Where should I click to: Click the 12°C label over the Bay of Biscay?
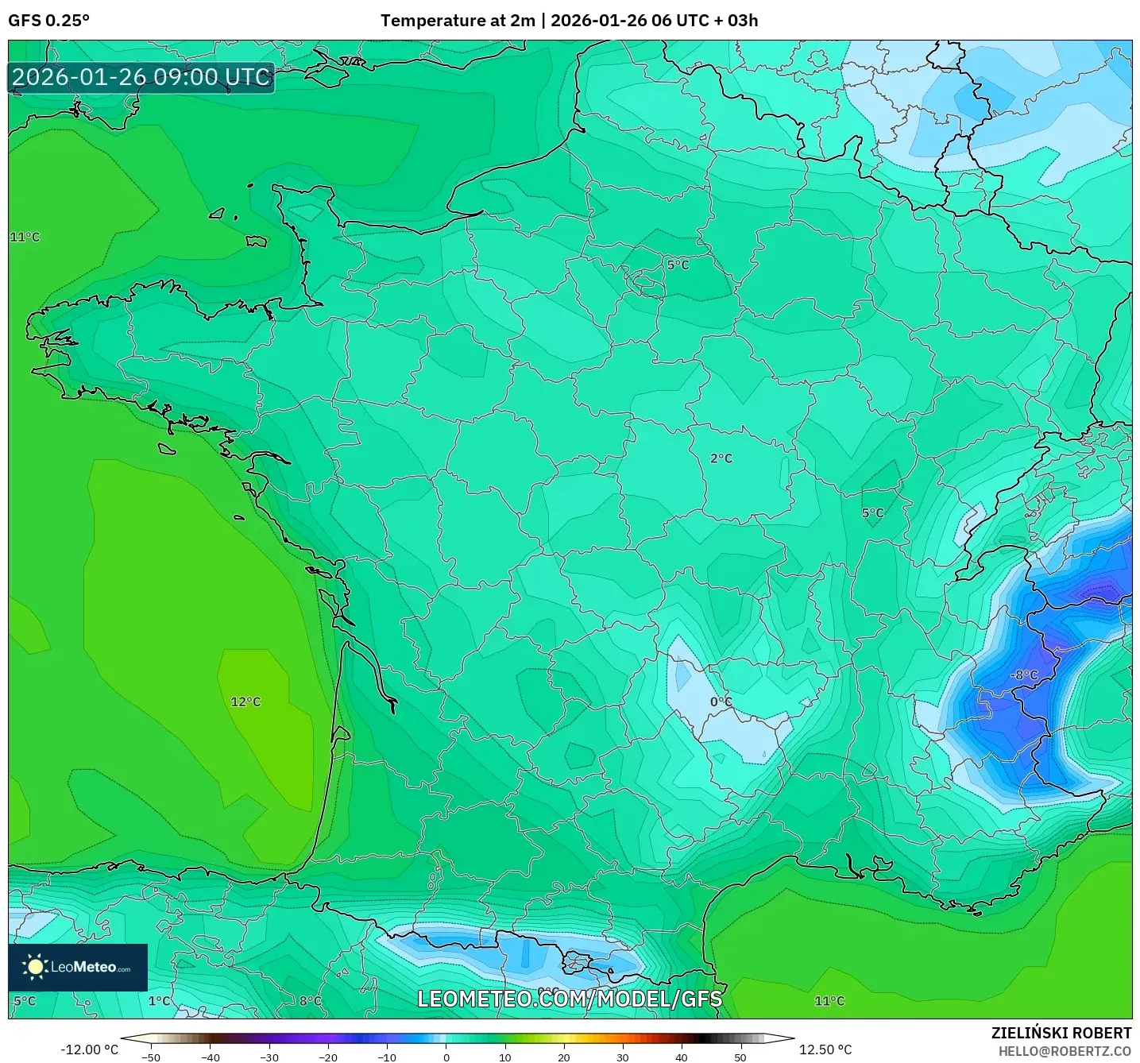[x=245, y=702]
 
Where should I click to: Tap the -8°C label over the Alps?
[x=1024, y=675]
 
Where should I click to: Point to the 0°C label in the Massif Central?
[x=721, y=702]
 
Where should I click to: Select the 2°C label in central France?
[x=721, y=458]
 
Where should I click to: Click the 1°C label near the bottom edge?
[x=159, y=1001]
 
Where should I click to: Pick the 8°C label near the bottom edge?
[x=310, y=1001]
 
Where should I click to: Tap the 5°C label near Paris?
[x=678, y=265]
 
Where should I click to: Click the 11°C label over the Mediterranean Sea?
[x=829, y=1001]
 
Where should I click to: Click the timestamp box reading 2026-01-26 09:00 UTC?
[x=141, y=77]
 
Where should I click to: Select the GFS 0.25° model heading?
[x=48, y=21]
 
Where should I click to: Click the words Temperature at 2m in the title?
[x=458, y=21]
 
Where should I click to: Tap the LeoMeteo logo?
[x=78, y=967]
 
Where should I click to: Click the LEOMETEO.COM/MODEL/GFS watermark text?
[x=570, y=999]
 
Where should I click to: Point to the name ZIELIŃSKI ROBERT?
[x=1061, y=1033]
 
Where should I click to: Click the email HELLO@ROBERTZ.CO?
[x=1065, y=1051]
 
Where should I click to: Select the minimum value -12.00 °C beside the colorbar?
[x=89, y=1049]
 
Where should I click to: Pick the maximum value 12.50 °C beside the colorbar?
[x=825, y=1049]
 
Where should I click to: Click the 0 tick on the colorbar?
[x=446, y=1057]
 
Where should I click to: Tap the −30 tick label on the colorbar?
[x=269, y=1057]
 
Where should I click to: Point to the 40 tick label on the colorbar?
[x=682, y=1057]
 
